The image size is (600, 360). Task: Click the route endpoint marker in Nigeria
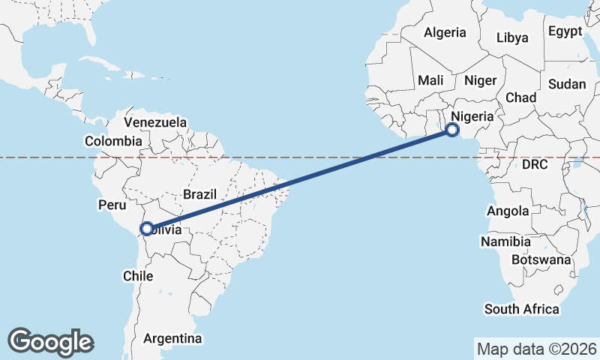(452, 130)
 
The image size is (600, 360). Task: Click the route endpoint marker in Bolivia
(147, 228)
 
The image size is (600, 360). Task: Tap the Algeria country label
(445, 33)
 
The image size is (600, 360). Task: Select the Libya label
(512, 37)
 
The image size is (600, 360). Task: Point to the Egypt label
(565, 31)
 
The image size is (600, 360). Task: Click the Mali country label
(430, 80)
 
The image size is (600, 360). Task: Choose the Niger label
(481, 80)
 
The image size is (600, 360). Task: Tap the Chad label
(521, 97)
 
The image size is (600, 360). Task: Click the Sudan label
(566, 85)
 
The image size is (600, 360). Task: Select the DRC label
(536, 163)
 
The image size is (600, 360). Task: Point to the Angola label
(508, 211)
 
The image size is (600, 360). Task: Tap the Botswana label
(541, 259)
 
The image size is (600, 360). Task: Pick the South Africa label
(522, 309)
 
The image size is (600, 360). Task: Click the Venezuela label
(155, 121)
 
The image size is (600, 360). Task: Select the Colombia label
(113, 141)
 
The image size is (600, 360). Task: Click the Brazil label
(199, 194)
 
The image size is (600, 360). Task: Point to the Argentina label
(172, 338)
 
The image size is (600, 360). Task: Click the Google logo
(50, 341)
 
